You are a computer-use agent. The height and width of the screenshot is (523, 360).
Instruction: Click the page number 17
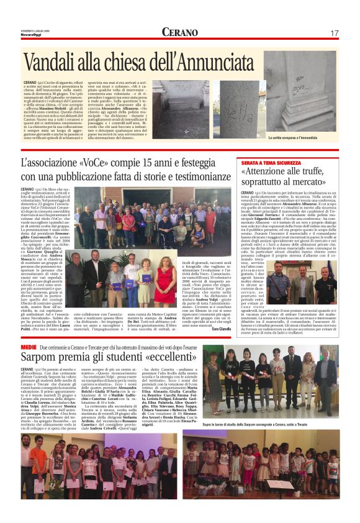click(x=333, y=32)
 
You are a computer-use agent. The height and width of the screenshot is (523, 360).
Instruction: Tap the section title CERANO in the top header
click(x=180, y=32)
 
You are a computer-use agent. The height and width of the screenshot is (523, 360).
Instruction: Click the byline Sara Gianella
click(x=220, y=329)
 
